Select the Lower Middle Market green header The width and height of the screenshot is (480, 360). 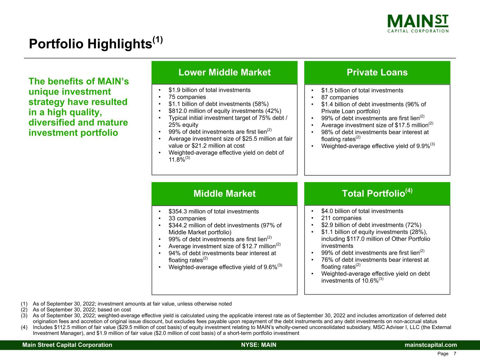[224, 72]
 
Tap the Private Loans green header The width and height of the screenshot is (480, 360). [377, 72]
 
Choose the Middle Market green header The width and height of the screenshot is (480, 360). [224, 194]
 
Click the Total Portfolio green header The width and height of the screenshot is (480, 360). [377, 193]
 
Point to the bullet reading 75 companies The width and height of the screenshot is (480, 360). [187, 97]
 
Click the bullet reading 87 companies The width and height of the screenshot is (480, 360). [340, 97]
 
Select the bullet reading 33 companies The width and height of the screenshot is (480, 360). [187, 218]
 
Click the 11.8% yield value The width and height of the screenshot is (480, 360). [177, 160]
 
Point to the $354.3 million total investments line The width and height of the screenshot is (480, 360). [213, 211]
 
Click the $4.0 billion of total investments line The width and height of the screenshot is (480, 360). [362, 211]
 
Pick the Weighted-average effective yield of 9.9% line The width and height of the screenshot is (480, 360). [376, 146]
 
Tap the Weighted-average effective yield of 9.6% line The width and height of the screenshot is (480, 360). [223, 267]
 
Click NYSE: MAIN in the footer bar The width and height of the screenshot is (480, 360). [258, 345]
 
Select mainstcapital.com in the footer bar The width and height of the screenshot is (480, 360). [431, 345]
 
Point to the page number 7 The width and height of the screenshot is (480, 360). [455, 354]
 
